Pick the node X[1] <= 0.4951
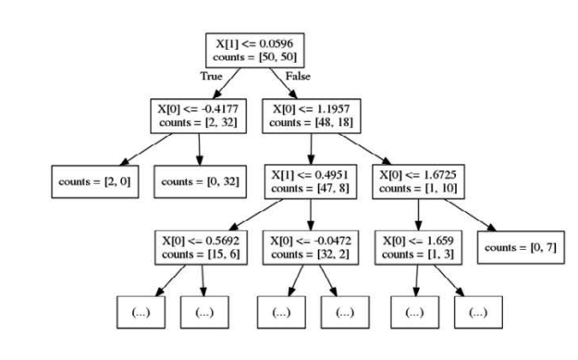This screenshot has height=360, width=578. pos(311,182)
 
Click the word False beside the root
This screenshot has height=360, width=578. pos(299,78)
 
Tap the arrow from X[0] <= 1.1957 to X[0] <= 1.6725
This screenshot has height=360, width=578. pos(369,150)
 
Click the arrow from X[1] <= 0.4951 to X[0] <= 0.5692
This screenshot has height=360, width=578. pos(255,217)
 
